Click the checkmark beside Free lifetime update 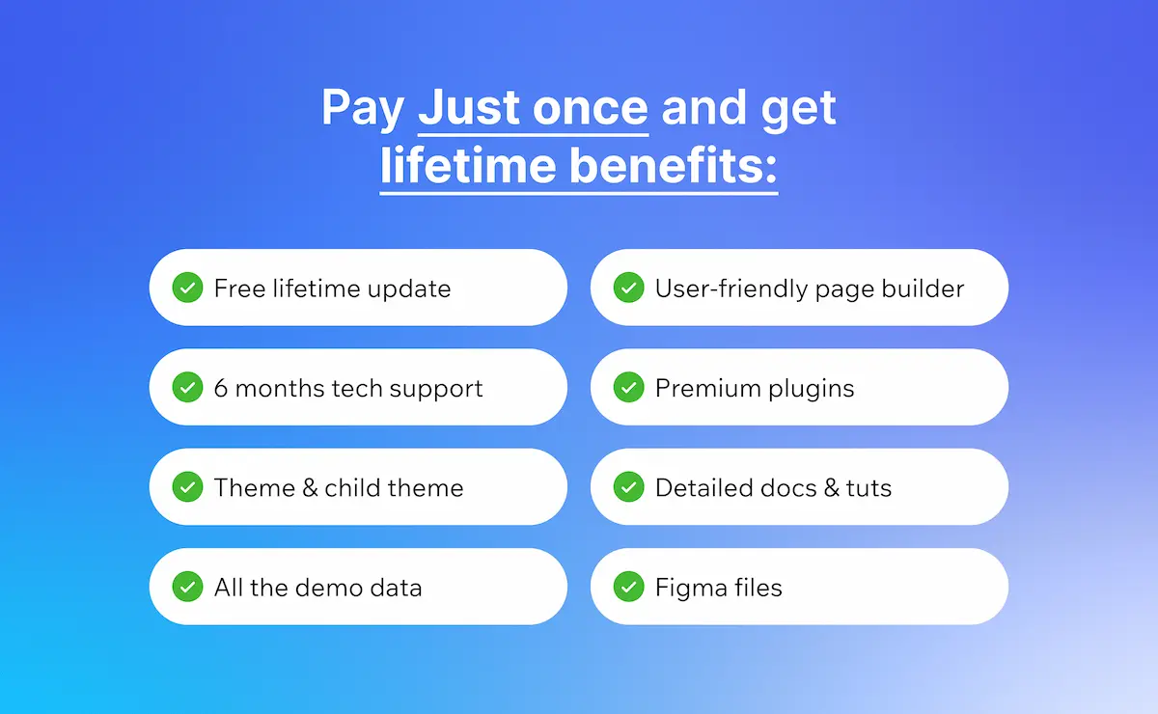(x=187, y=288)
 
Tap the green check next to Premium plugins (x=628, y=387)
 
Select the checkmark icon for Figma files (x=628, y=587)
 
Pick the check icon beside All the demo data (x=187, y=587)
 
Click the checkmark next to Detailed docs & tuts (x=628, y=487)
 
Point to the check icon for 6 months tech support (x=187, y=387)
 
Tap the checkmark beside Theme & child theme (x=187, y=487)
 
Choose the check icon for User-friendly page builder (x=628, y=288)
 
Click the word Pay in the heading (x=363, y=110)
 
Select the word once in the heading (x=591, y=109)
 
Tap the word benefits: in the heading (x=674, y=166)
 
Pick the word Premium (x=708, y=388)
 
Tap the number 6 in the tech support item (x=221, y=388)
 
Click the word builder (x=923, y=288)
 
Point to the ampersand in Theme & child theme (x=310, y=488)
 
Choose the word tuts (x=868, y=488)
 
